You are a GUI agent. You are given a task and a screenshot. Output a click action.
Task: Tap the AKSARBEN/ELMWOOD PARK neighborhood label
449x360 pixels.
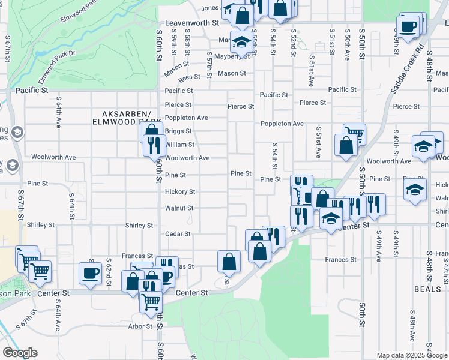click(x=124, y=118)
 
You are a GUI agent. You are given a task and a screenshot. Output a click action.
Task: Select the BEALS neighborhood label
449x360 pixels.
click(x=427, y=289)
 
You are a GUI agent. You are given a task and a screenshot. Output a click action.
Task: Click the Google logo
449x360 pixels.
click(x=20, y=353)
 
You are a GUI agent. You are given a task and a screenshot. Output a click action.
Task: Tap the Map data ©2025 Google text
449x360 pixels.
click(x=411, y=355)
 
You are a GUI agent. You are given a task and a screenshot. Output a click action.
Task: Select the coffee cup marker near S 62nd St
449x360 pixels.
click(x=90, y=273)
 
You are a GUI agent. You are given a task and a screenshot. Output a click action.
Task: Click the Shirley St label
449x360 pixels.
click(x=139, y=226)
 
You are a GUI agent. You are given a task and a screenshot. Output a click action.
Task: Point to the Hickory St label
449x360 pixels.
click(x=180, y=192)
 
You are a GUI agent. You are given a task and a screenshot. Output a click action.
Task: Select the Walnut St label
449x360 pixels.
click(x=179, y=208)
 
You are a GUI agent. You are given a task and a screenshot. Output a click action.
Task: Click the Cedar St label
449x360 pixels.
click(x=178, y=234)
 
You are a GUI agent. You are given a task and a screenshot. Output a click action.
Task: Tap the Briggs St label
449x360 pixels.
click(x=178, y=131)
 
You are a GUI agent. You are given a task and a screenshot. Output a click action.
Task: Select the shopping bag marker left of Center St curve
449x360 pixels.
click(x=229, y=261)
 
